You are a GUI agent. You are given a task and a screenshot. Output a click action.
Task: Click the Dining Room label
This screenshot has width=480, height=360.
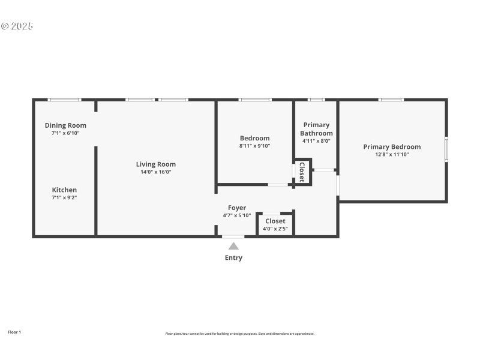65,125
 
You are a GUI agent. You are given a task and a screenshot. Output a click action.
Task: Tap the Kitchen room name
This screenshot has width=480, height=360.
64,190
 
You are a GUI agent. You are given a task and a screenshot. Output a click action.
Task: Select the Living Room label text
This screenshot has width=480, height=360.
155,164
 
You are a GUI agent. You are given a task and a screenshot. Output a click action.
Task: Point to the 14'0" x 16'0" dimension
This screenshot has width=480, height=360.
155,172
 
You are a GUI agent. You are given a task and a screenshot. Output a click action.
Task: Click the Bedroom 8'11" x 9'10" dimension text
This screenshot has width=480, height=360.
254,146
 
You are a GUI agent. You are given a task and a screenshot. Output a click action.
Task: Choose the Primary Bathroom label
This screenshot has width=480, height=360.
316,129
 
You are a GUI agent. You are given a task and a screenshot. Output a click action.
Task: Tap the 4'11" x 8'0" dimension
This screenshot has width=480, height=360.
316,141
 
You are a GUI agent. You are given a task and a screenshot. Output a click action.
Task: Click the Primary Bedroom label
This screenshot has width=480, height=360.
391,146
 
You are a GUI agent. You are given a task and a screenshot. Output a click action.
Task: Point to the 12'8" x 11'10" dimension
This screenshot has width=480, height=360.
391,154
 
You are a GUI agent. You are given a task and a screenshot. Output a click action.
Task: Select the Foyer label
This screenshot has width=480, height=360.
236,208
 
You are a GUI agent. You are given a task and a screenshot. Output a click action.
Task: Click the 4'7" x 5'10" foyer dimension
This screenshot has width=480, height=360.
236,215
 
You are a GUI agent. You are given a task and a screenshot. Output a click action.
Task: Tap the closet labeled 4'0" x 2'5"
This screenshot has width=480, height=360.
275,224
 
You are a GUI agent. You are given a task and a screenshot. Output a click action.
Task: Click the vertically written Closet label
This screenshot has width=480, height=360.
302,172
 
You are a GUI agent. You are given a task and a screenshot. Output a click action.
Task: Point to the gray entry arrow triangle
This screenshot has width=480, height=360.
233,245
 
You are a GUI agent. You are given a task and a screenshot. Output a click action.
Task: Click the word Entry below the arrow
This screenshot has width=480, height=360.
233,258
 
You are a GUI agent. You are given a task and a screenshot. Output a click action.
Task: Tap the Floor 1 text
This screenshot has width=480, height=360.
14,332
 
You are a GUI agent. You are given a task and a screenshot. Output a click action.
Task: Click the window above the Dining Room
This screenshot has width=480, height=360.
64,100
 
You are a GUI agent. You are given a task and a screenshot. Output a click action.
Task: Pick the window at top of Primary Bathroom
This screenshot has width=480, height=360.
316,100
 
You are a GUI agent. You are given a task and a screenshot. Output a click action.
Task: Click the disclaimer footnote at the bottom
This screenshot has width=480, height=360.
239,334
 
